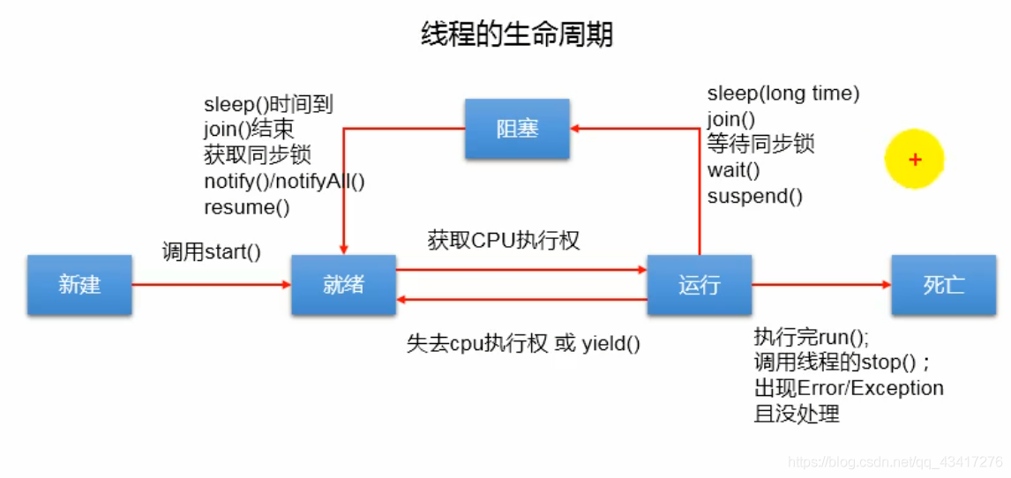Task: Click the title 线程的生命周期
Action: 516,35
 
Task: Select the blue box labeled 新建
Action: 79,285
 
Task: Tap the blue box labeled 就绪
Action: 343,285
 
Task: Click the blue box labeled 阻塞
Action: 517,129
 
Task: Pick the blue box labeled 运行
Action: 699,285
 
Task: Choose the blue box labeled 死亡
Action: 943,285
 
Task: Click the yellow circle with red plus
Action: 915,160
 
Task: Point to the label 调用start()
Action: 212,251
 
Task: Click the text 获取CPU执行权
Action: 504,240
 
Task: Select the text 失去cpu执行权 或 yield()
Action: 523,343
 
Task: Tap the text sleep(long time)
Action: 783,93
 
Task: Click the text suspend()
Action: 755,196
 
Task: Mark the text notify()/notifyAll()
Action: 284,181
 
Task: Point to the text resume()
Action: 247,207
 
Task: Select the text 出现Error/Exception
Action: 849,388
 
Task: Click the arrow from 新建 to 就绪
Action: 212,285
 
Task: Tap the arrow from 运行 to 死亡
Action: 820,285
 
